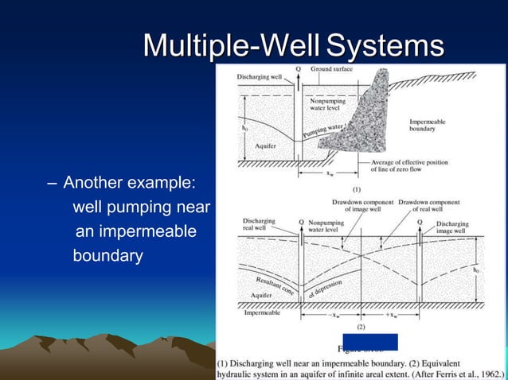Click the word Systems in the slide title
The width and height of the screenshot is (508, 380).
pyautogui.click(x=385, y=45)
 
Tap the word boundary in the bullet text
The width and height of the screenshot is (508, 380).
pyautogui.click(x=107, y=256)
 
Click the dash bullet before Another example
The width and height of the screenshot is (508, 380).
pyautogui.click(x=52, y=184)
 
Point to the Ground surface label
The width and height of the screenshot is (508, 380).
pyautogui.click(x=331, y=70)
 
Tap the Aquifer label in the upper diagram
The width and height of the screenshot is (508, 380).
pyautogui.click(x=265, y=148)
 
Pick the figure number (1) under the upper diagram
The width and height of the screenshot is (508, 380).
pyautogui.click(x=357, y=190)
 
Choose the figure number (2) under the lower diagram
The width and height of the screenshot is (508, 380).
pyautogui.click(x=360, y=326)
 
